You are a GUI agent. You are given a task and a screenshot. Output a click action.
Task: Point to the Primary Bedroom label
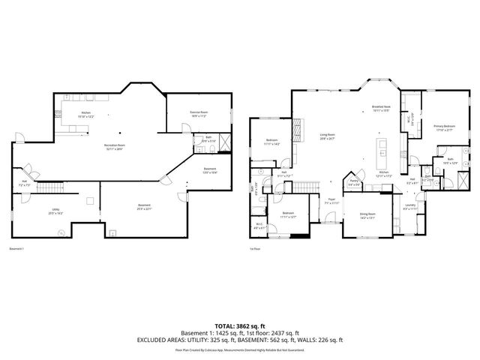[x=444, y=128]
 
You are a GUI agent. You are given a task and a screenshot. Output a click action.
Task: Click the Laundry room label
[x=410, y=206]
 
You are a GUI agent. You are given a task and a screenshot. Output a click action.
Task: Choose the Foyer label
[x=330, y=201]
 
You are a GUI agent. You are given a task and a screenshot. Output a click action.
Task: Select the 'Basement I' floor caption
[x=17, y=248]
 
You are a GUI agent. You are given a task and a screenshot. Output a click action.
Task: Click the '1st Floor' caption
[x=255, y=248]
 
